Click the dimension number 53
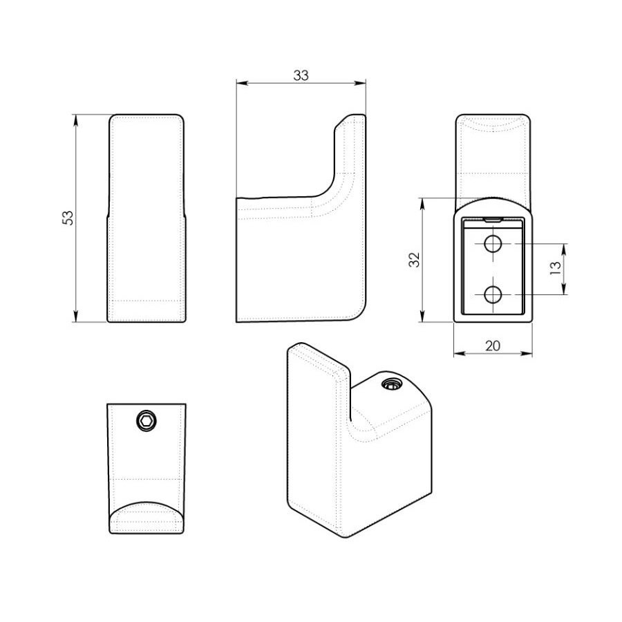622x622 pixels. pyautogui.click(x=68, y=218)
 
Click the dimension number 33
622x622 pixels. pyautogui.click(x=301, y=75)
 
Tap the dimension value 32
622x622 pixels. pyautogui.click(x=414, y=260)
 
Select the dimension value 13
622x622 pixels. pyautogui.click(x=556, y=268)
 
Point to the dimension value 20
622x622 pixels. pyautogui.click(x=493, y=346)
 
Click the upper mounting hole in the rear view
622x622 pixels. pyautogui.click(x=493, y=243)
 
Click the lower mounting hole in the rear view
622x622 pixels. pyautogui.click(x=493, y=294)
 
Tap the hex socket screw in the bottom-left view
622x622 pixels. pyautogui.click(x=147, y=420)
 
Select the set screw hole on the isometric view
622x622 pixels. pyautogui.click(x=392, y=384)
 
